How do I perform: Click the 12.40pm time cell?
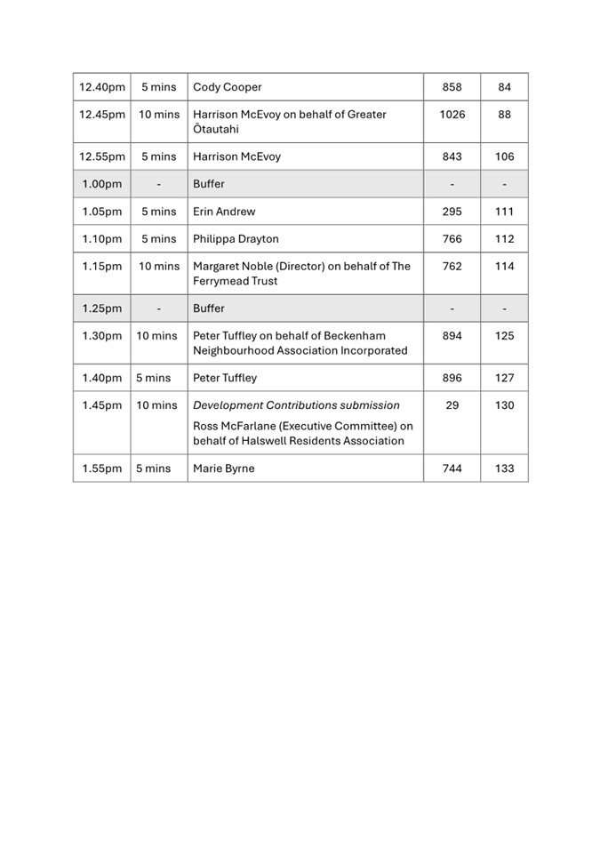tap(102, 87)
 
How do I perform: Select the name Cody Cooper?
tap(228, 87)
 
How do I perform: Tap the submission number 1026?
tap(452, 115)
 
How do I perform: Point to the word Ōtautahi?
tap(216, 130)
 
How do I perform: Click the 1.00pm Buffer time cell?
tap(102, 184)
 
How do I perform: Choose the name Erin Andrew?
tap(224, 212)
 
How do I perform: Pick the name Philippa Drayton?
tap(236, 239)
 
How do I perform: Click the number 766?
tap(452, 239)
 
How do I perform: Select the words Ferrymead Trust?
tap(235, 281)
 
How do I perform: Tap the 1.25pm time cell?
tap(102, 308)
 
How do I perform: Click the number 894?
tap(452, 336)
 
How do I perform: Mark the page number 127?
tap(504, 378)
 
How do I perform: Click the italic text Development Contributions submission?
tap(296, 405)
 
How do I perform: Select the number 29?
tap(452, 405)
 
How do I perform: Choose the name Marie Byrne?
tap(223, 469)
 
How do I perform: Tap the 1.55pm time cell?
tap(102, 469)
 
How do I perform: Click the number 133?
tap(504, 469)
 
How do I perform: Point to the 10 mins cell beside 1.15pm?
tap(159, 267)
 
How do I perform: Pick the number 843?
tap(452, 156)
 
